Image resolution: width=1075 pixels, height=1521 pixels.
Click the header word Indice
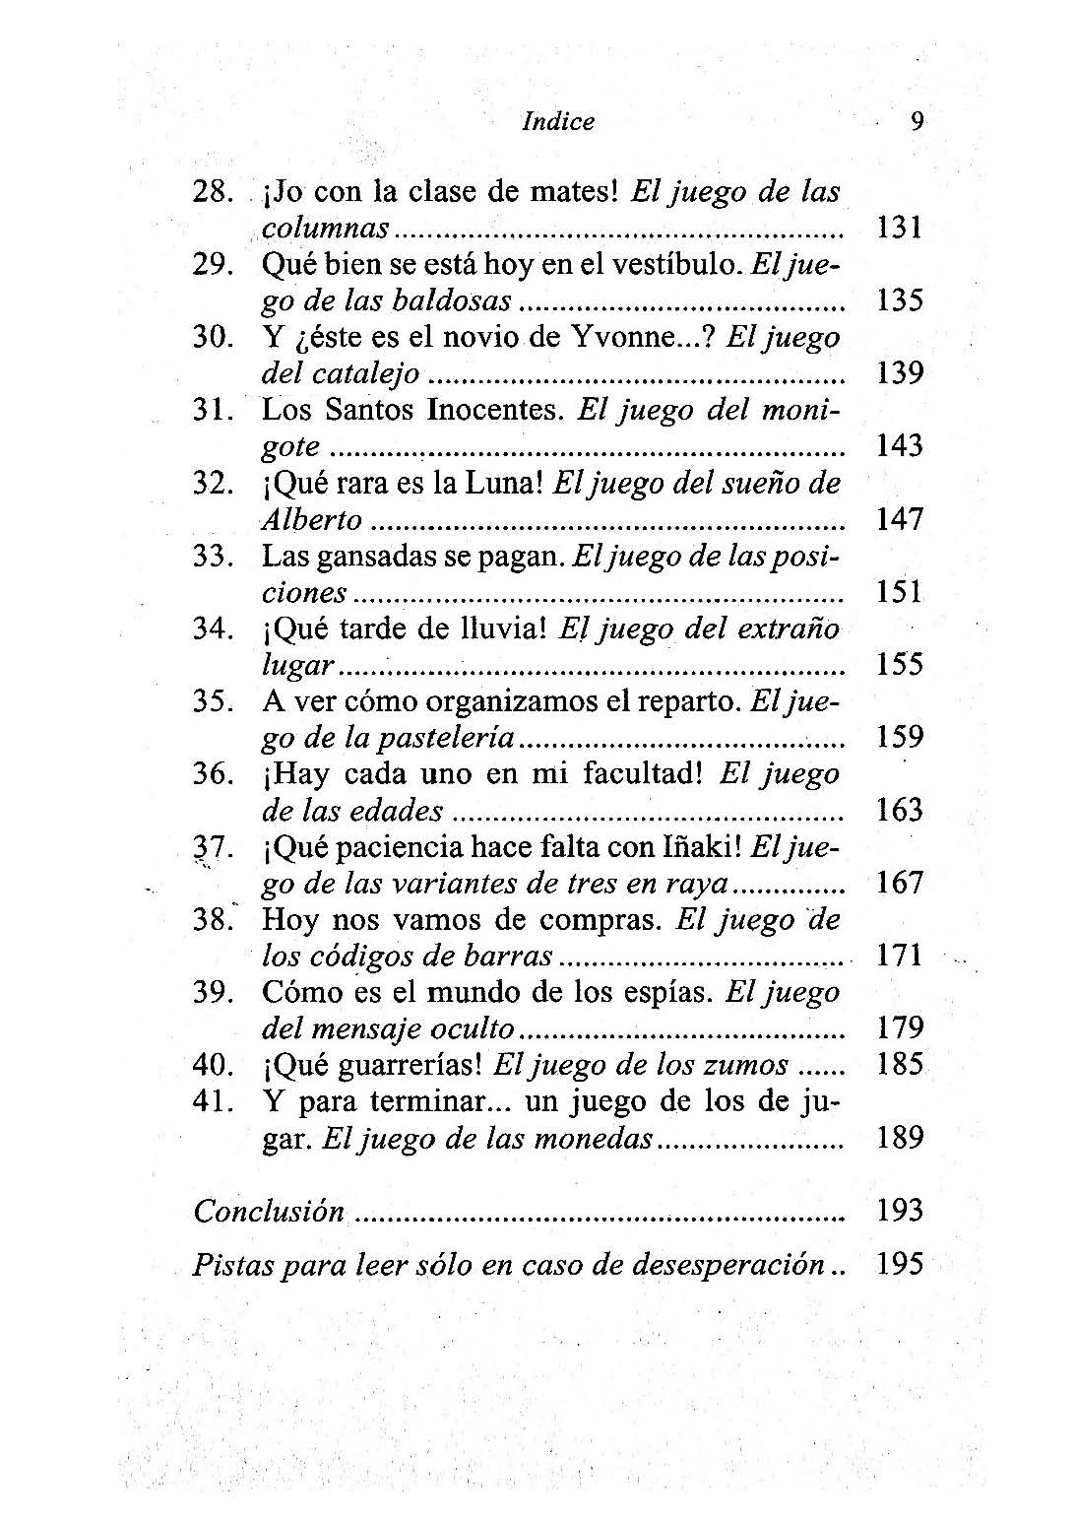[x=558, y=122]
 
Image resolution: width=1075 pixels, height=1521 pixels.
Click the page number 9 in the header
[x=917, y=121]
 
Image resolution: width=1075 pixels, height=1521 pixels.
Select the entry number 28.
[x=212, y=191]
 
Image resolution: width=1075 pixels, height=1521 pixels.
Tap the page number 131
[x=899, y=228]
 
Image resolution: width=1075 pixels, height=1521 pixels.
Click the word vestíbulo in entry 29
[x=674, y=264]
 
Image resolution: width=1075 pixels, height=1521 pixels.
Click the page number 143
[x=899, y=446]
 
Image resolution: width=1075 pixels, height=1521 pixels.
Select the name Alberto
[x=311, y=520]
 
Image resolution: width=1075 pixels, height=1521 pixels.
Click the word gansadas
[x=376, y=557]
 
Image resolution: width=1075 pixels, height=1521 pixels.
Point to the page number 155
[x=899, y=665]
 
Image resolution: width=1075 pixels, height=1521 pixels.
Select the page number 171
[x=899, y=957]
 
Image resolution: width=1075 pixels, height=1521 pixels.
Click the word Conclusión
[x=269, y=1211]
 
